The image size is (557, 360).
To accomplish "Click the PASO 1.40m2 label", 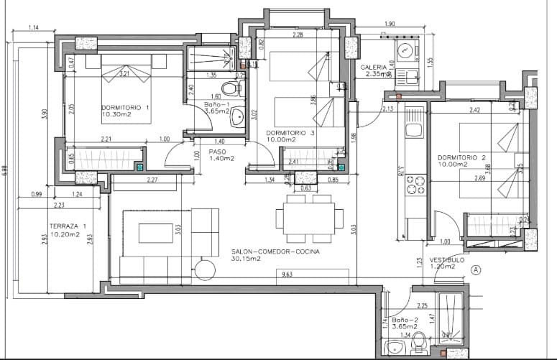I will click(x=222, y=154).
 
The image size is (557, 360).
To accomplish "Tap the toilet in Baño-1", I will click(x=230, y=89).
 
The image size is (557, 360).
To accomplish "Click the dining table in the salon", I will click(x=308, y=218).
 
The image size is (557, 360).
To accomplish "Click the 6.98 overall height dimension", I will click(x=5, y=170).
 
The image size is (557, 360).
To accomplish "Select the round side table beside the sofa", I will click(x=204, y=269).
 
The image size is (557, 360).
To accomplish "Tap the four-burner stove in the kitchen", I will click(x=415, y=185).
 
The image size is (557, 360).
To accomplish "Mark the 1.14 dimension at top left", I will click(x=33, y=28).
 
